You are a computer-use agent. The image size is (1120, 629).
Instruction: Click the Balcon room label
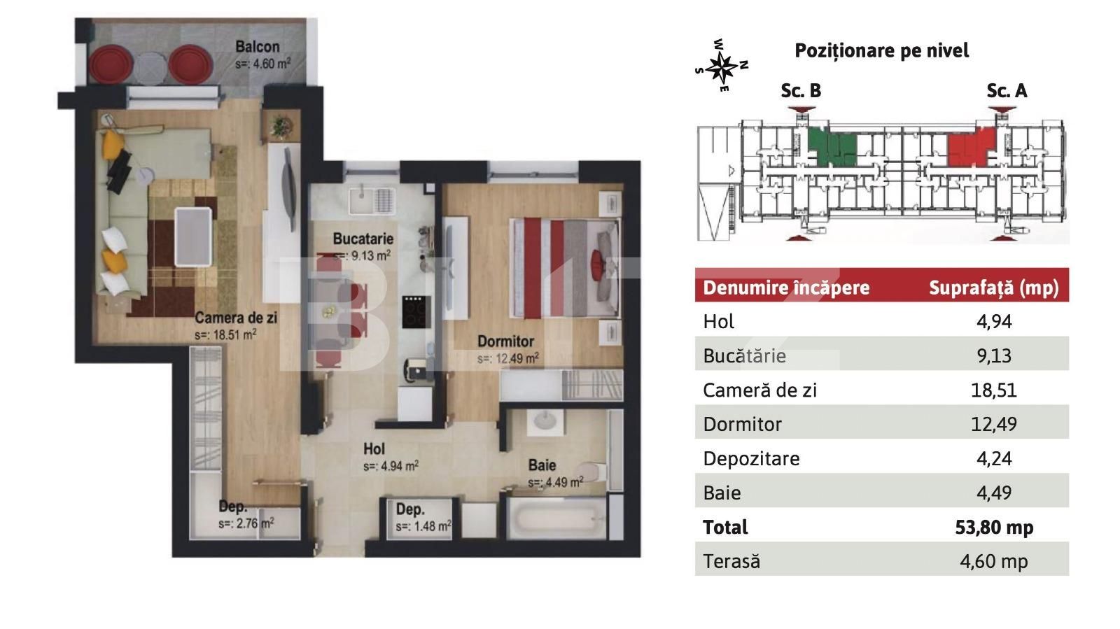tap(258, 48)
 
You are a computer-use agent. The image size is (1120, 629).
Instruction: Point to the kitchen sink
tap(362, 199)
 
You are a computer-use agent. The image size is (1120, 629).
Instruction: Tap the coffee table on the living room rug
tap(193, 236)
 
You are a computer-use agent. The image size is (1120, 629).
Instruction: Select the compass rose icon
tap(721, 67)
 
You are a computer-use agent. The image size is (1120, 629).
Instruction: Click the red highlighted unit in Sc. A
tap(969, 148)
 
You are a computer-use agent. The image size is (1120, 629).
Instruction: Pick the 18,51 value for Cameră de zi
tap(993, 390)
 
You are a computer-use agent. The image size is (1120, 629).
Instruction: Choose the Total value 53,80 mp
tap(993, 527)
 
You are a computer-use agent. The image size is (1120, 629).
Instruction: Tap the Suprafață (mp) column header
tap(993, 288)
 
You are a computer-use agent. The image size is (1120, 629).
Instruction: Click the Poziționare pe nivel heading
tap(881, 50)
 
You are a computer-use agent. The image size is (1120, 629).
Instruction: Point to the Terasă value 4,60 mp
tap(993, 561)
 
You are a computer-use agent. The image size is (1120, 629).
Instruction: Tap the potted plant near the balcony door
tap(280, 127)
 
